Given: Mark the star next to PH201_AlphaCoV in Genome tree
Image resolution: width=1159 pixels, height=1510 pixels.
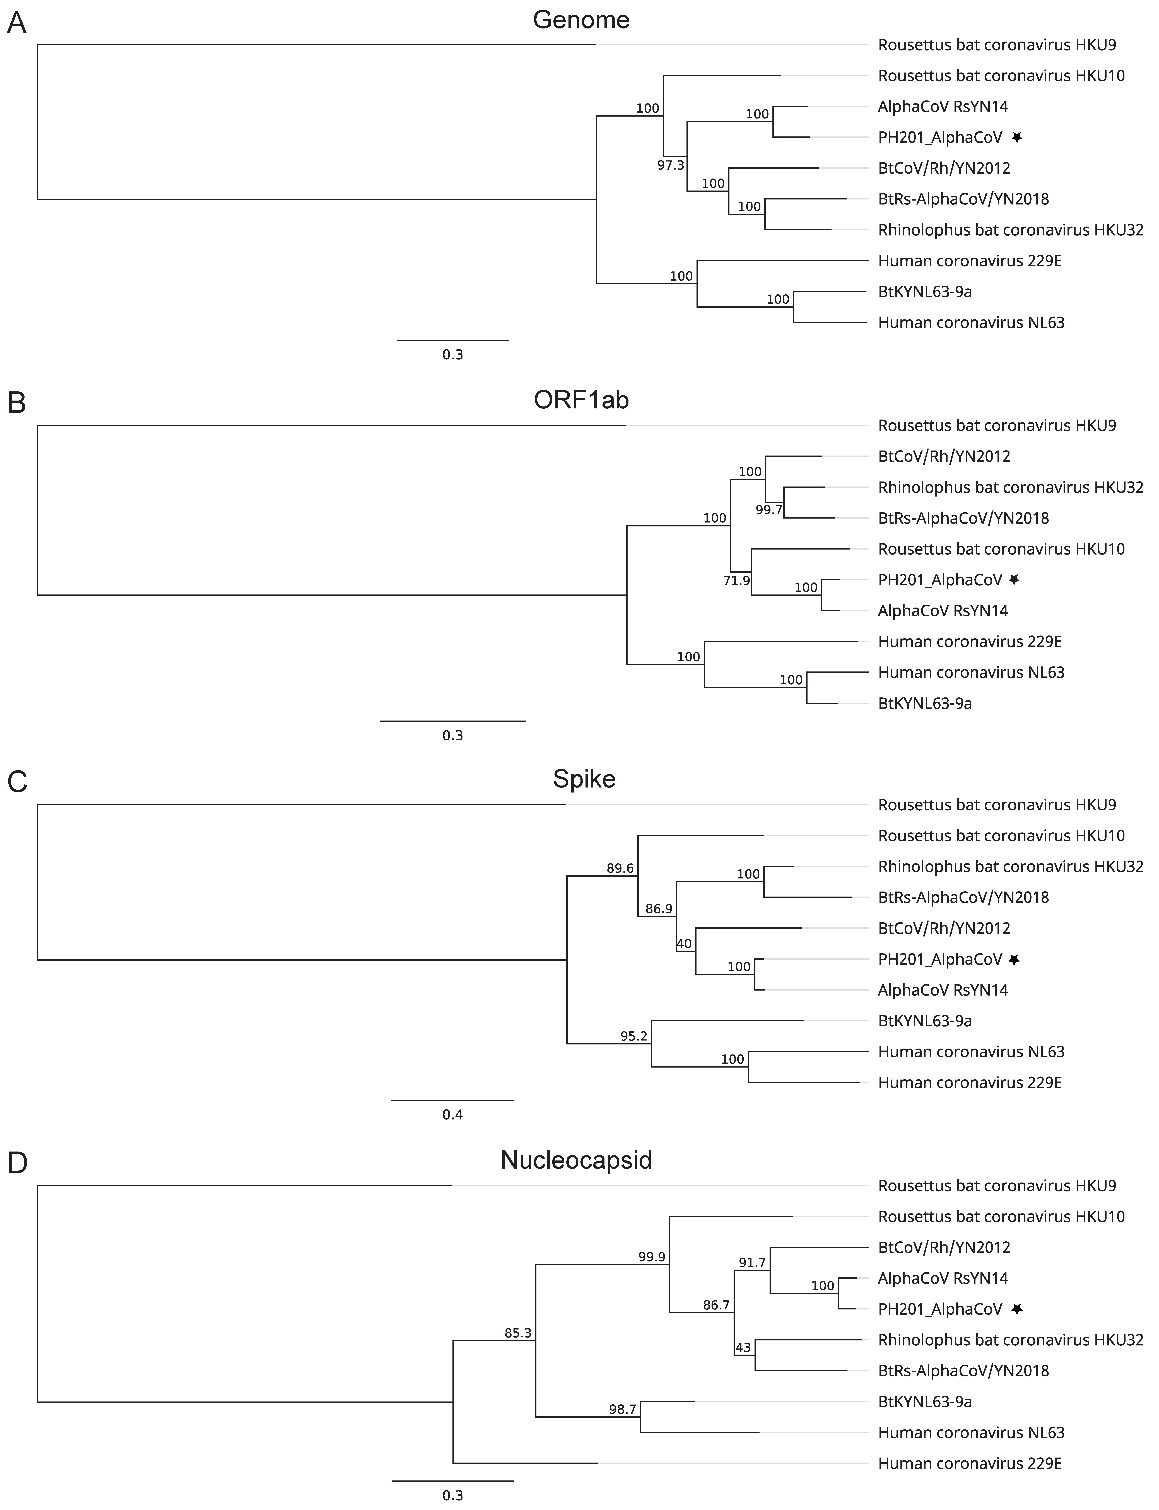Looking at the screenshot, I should [x=1016, y=137].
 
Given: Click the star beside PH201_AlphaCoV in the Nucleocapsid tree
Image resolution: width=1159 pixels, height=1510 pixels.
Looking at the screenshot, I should [x=1016, y=1309].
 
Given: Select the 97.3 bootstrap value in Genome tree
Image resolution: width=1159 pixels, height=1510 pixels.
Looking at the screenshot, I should [x=671, y=166].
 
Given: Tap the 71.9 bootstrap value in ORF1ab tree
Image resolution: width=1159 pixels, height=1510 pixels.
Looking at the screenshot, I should [x=736, y=581].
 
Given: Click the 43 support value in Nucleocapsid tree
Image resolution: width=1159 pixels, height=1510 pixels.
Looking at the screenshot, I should [x=743, y=1347].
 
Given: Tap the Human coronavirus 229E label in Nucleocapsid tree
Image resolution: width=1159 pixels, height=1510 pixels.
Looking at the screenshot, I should [x=969, y=1463].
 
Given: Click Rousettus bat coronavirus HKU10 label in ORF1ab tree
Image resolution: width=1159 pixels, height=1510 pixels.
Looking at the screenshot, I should [x=1001, y=549].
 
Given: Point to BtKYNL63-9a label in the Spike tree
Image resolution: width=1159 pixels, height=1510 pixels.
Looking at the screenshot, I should [x=924, y=1021].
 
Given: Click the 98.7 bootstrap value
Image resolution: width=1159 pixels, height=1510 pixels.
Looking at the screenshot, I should [x=622, y=1409].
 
